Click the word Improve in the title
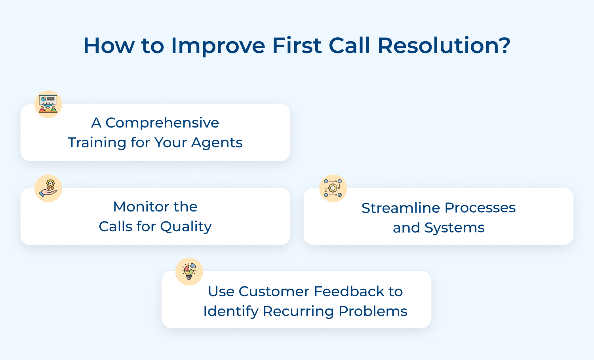click(218, 46)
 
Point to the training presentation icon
click(48, 104)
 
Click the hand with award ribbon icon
click(48, 189)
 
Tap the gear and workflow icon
click(333, 189)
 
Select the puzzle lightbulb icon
click(189, 272)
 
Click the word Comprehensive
click(162, 123)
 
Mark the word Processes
click(480, 208)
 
